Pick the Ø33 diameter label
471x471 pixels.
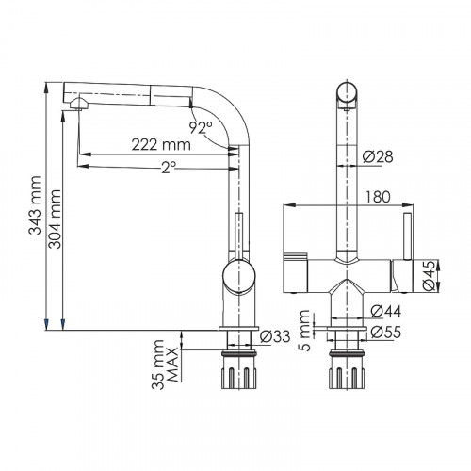tap(273, 336)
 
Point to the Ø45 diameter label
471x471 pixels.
tap(430, 274)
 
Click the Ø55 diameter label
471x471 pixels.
tap(382, 332)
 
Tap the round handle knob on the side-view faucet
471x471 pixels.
tap(238, 280)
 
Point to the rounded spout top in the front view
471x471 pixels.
tap(347, 94)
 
